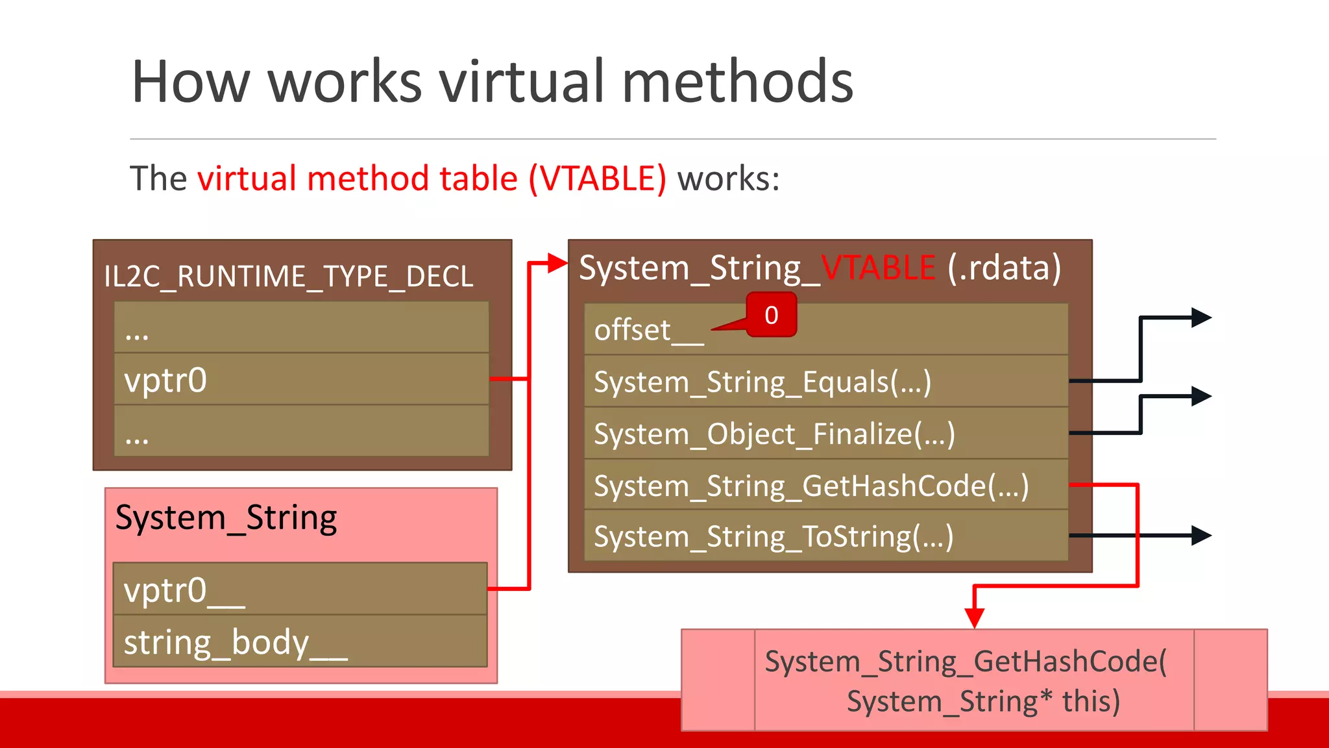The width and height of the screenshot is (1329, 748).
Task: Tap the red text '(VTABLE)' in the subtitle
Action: [597, 179]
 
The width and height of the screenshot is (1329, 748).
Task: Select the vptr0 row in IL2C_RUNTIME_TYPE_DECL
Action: [301, 380]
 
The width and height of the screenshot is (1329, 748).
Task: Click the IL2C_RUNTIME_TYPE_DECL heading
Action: [289, 277]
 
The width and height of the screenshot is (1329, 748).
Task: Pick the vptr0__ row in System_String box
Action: [300, 590]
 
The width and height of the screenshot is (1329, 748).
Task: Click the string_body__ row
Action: [300, 642]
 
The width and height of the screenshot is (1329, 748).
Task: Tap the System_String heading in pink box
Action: [226, 518]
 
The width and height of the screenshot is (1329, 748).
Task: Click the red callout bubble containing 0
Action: [771, 316]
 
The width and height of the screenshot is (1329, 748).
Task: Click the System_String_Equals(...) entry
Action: [762, 382]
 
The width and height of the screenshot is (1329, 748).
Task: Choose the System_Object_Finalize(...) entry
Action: [774, 434]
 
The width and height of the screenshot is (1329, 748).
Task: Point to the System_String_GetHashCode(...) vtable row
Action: [811, 486]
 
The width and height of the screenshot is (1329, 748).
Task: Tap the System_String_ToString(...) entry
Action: [774, 537]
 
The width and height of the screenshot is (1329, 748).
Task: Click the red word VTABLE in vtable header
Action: [878, 268]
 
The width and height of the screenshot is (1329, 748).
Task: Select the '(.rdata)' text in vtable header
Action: [1004, 268]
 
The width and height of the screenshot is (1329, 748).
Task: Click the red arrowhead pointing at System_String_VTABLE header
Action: [557, 263]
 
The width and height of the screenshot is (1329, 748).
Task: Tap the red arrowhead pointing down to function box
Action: [974, 617]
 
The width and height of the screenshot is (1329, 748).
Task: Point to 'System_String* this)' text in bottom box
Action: [983, 701]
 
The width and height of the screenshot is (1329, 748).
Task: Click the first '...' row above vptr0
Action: [301, 328]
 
